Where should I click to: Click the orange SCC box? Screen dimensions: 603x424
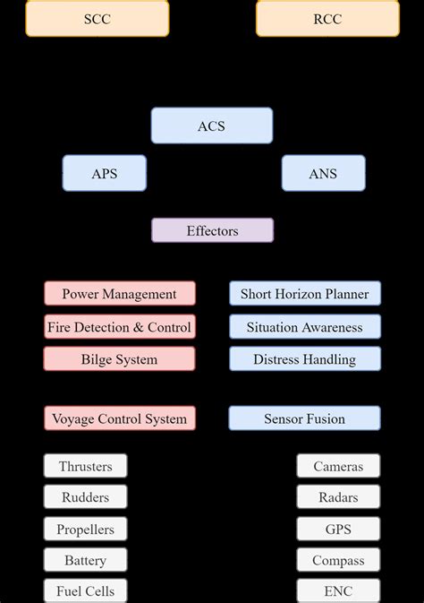pos(97,18)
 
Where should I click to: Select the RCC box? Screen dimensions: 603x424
pos(327,18)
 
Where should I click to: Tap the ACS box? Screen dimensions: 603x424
pos(212,125)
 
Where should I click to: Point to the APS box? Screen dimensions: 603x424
pos(104,173)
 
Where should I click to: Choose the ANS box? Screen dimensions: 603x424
pos(323,173)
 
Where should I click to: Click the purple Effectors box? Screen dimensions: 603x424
pos(212,230)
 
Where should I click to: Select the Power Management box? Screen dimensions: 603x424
pos(119,294)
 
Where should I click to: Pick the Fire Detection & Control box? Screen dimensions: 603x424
pos(119,327)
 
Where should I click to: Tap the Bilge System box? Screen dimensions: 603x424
pos(119,359)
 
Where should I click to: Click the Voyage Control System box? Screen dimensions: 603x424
pos(119,418)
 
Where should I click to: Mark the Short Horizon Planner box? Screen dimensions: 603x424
pos(304,294)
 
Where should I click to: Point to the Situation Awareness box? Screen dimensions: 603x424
pos(304,327)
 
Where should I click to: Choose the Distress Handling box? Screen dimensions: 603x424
pos(304,359)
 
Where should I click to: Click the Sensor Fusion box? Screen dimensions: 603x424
pos(304,418)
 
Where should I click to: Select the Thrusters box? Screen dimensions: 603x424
pos(85,466)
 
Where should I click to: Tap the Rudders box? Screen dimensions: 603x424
pos(85,497)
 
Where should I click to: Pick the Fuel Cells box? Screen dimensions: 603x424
pos(85,591)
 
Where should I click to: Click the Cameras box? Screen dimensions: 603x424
pos(338,466)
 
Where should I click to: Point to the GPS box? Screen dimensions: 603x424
pos(338,529)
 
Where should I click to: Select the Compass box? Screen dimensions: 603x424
pos(338,560)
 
